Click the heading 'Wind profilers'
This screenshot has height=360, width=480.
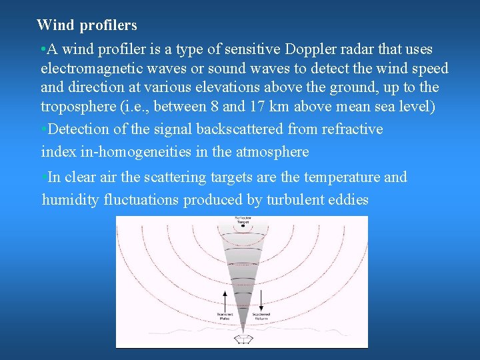pyautogui.click(x=87, y=25)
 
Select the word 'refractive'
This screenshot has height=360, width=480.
pyautogui.click(x=352, y=129)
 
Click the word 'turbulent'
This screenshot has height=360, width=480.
pyautogui.click(x=297, y=200)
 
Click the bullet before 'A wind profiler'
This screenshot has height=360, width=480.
pyautogui.click(x=43, y=50)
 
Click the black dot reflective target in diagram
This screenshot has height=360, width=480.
pyautogui.click(x=243, y=226)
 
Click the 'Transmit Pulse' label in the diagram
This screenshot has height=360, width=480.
pyautogui.click(x=223, y=316)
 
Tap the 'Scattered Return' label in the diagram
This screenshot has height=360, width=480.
pyautogui.click(x=261, y=316)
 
